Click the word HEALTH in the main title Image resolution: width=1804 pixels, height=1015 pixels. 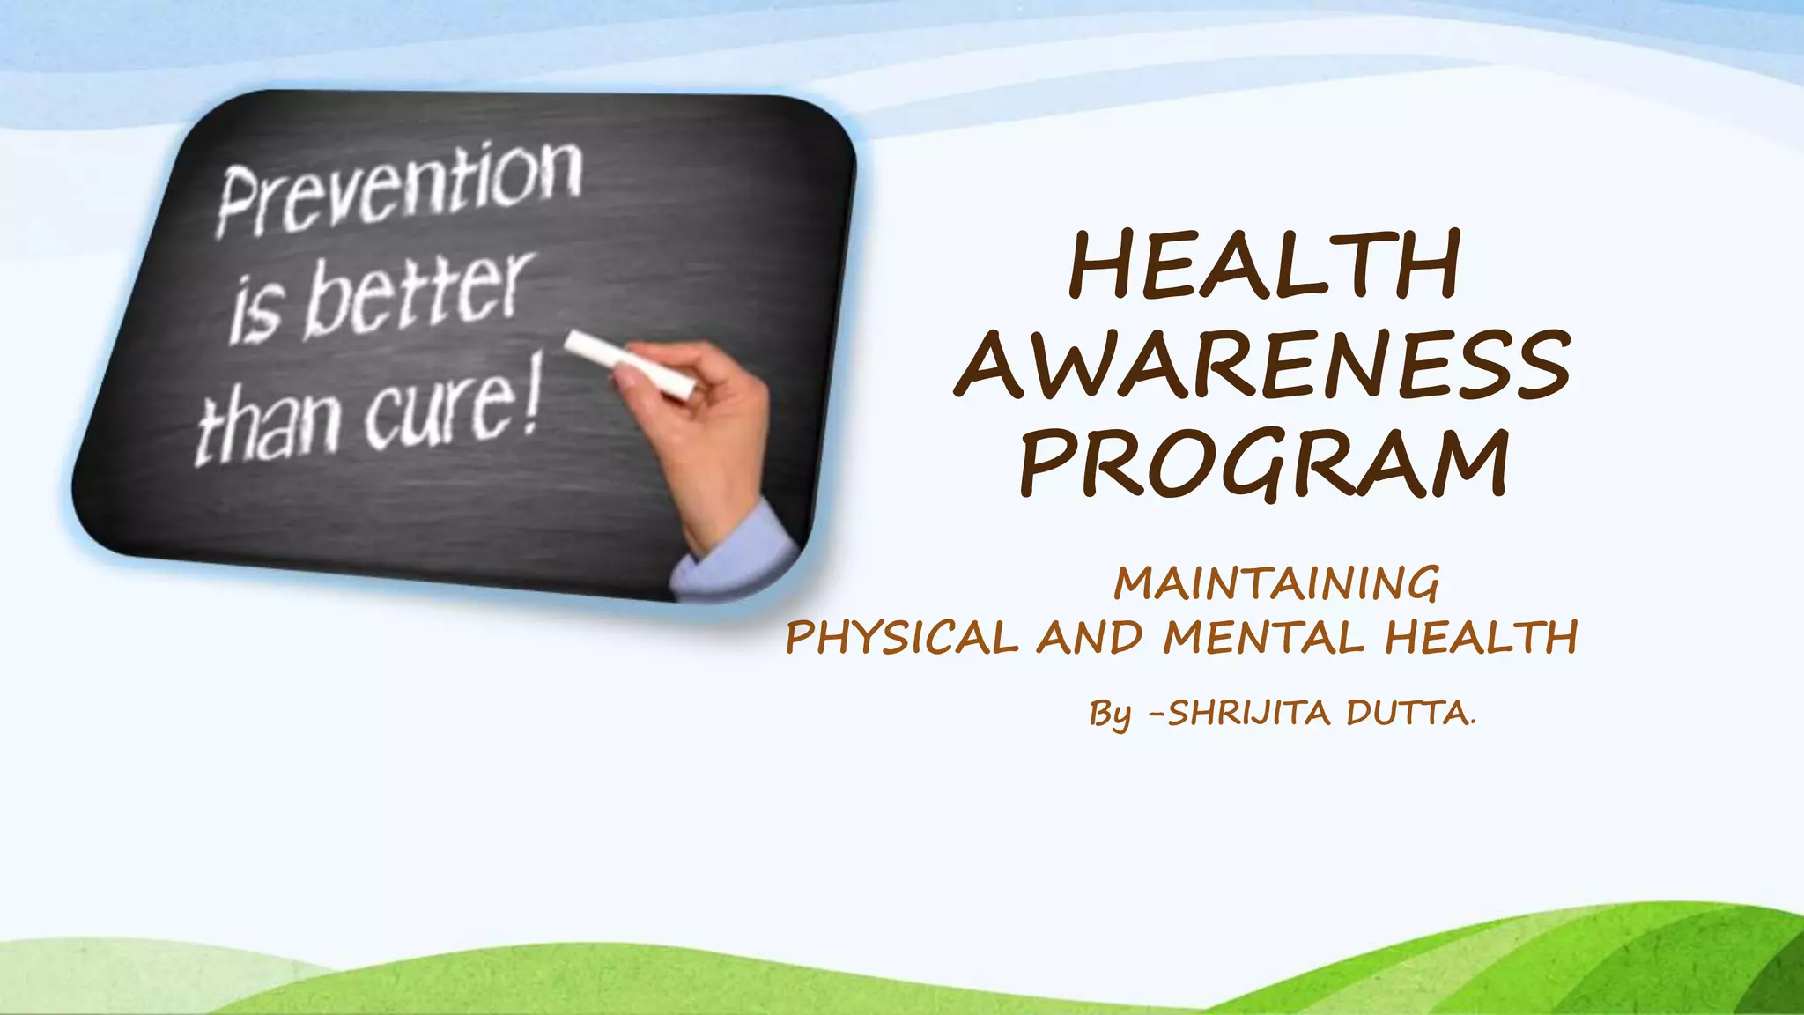tap(1264, 264)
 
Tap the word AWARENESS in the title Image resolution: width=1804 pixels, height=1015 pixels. tap(1262, 364)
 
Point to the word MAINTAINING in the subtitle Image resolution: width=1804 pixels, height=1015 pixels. tap(1276, 584)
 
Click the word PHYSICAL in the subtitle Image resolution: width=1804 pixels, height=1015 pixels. tap(902, 638)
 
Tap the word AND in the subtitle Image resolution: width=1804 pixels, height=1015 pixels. tap(1090, 638)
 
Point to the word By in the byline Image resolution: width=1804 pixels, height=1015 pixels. tap(1110, 715)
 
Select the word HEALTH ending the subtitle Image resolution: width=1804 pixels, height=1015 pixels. tap(1480, 638)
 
